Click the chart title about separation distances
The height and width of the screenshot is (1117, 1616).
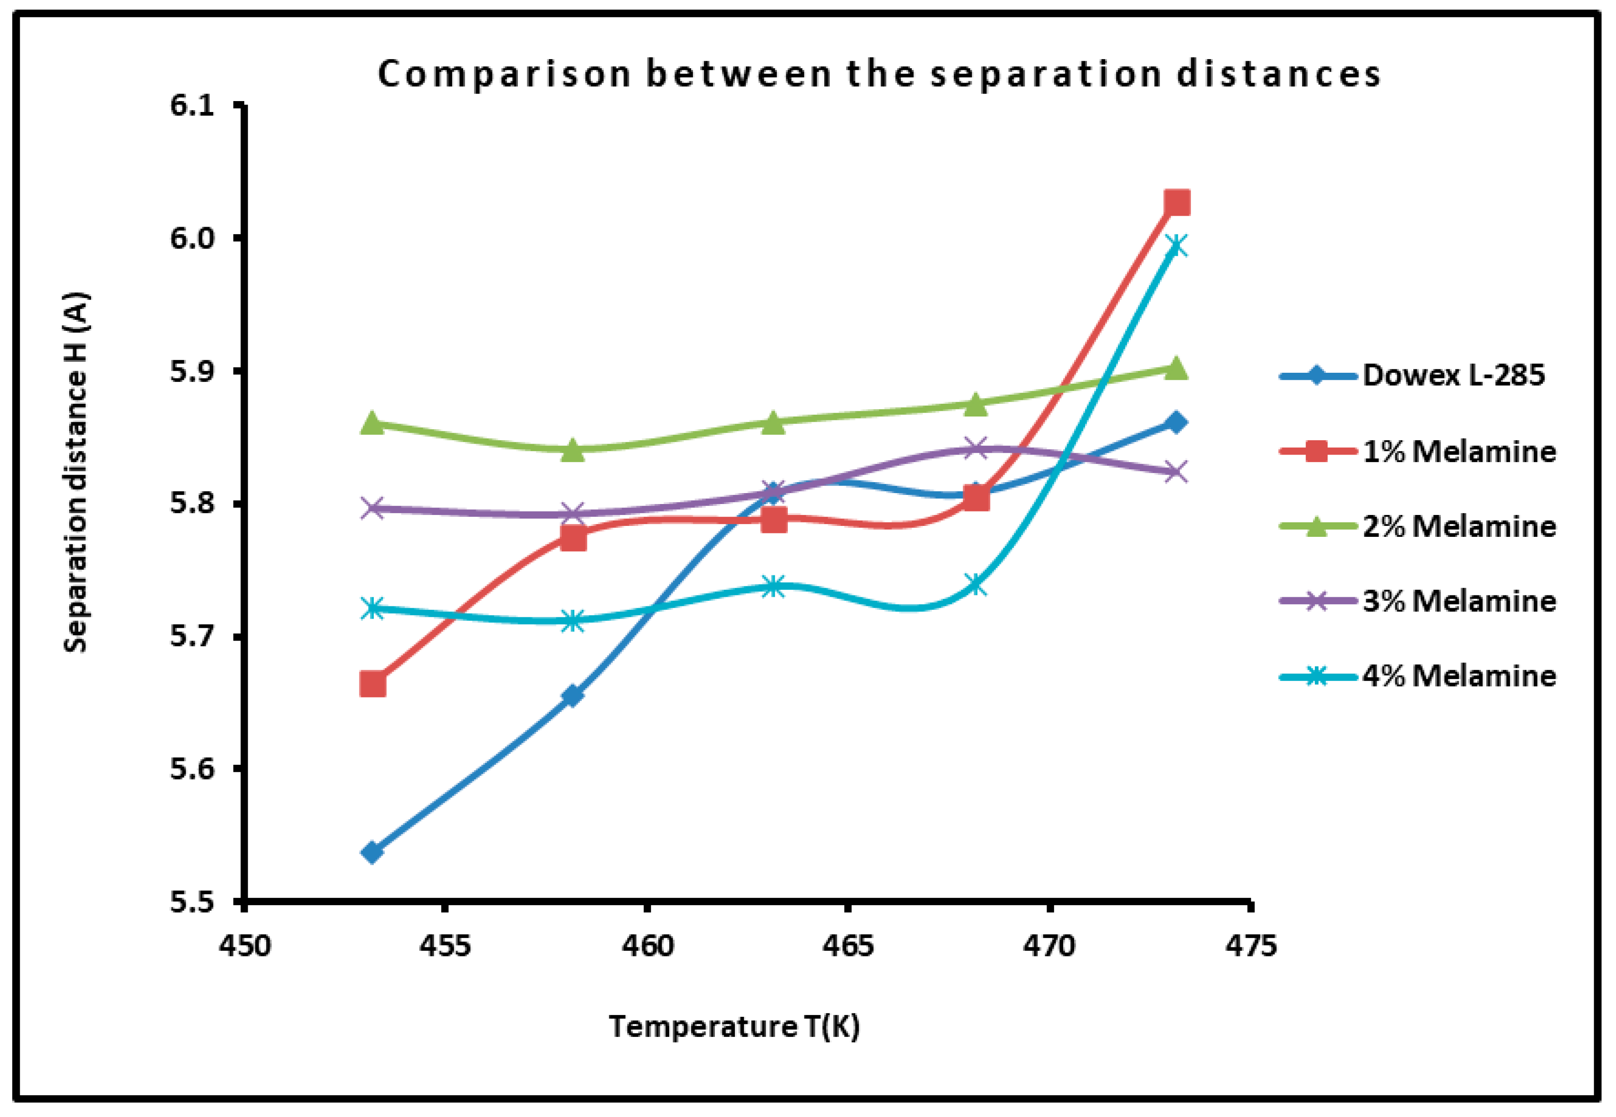[x=879, y=74]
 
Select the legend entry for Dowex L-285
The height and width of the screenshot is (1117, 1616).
[x=1453, y=376]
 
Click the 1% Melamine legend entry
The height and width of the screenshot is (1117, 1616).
[x=1458, y=452]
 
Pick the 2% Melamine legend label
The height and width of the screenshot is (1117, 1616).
[x=1458, y=526]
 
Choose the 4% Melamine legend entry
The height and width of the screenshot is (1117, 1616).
[x=1458, y=676]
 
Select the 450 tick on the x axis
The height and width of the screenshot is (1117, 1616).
[x=244, y=946]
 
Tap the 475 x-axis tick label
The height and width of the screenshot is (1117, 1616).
[x=1251, y=946]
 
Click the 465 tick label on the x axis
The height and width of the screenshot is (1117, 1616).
[x=848, y=946]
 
